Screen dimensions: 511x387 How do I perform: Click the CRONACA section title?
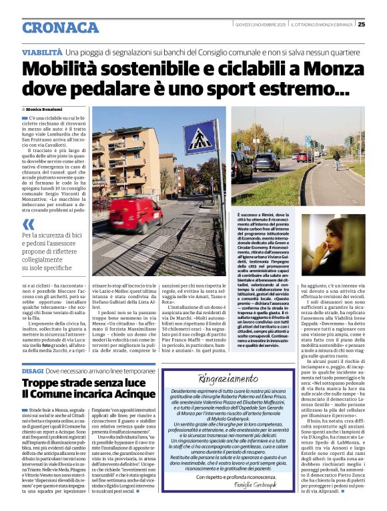(60, 27)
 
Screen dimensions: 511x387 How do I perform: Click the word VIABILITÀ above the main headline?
(43, 52)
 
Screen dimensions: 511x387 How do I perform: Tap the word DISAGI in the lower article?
(32, 370)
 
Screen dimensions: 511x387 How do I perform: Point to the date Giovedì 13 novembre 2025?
(260, 25)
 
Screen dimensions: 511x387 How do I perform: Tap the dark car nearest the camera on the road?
(266, 161)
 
